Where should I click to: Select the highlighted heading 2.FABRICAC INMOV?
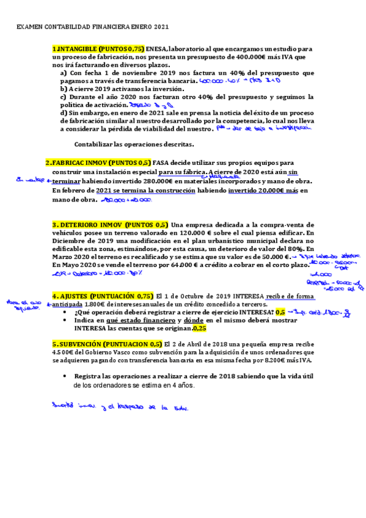pos(98,163)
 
